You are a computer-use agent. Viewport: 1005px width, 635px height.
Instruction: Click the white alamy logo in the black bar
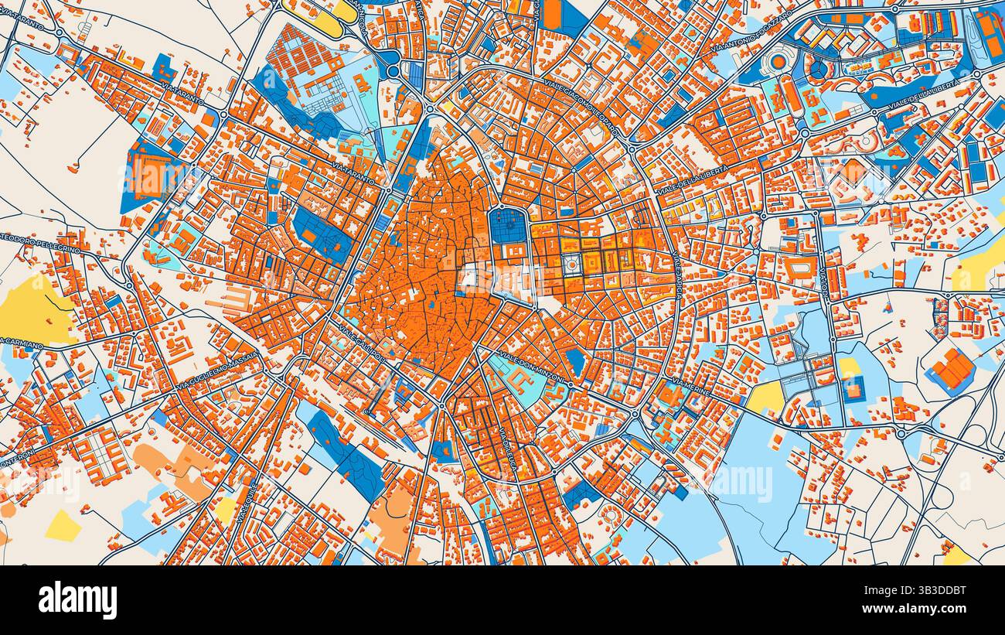click(77, 600)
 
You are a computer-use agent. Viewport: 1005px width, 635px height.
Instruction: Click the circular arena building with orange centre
click(778, 61)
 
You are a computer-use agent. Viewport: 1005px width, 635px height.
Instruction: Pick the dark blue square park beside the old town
click(508, 228)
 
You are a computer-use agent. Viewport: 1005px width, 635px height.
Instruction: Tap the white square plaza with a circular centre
click(571, 265)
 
